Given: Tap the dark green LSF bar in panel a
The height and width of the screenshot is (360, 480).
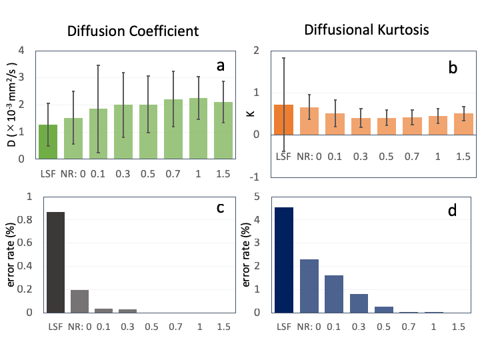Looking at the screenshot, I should point(48,141).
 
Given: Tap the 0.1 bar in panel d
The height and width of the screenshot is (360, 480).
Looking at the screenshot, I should point(334,294).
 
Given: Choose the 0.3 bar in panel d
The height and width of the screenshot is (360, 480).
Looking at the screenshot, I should point(359,303).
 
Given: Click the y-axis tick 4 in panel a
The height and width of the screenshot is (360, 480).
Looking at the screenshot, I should point(23,50).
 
